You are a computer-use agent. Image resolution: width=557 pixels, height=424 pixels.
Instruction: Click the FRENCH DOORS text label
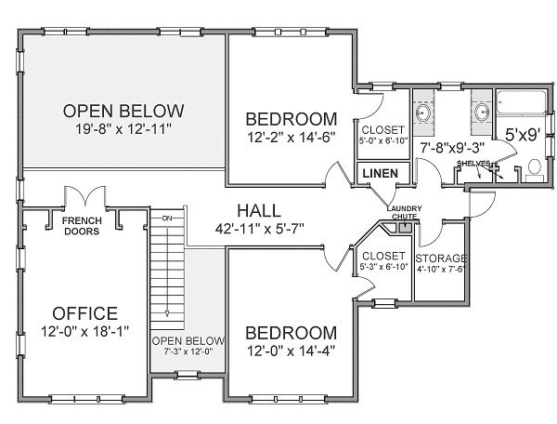tap(82, 227)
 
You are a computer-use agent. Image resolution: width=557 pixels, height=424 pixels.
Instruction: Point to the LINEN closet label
tap(379, 174)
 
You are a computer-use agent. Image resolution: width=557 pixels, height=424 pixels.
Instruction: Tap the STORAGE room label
tap(441, 258)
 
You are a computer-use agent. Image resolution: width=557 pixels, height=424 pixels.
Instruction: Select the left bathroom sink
tap(423, 113)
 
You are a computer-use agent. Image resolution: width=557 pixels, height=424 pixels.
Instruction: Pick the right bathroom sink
tap(483, 113)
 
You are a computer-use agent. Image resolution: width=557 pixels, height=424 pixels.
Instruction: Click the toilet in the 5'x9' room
tap(533, 168)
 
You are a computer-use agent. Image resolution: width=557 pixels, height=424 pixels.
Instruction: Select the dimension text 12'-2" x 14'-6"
tap(291, 139)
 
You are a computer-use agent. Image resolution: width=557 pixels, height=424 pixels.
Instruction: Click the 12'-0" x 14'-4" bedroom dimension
tap(290, 351)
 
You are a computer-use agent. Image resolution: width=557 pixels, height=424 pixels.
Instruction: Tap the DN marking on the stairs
tap(167, 219)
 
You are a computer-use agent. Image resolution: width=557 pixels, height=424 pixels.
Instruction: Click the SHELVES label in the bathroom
tap(473, 164)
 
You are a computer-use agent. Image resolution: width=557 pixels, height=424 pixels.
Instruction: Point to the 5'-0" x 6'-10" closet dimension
tap(381, 141)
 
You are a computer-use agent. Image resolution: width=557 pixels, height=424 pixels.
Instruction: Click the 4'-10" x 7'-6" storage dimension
tap(441, 270)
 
